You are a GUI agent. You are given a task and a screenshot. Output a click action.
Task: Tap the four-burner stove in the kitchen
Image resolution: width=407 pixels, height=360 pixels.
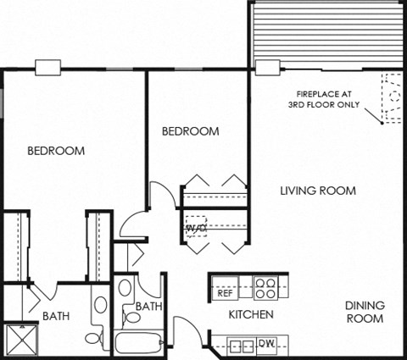click(x=265, y=289)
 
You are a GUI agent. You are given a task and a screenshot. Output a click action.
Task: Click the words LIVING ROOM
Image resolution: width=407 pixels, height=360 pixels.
click(x=318, y=191)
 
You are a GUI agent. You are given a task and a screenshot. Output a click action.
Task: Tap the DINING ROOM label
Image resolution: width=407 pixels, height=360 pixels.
click(x=365, y=312)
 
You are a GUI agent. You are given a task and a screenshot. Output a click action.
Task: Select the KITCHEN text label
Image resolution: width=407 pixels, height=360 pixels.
click(x=251, y=315)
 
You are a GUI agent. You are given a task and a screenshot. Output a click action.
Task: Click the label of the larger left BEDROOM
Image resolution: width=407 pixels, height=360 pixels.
click(x=56, y=151)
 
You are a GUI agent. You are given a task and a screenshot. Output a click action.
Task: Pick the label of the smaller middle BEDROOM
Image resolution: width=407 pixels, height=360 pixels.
click(x=191, y=131)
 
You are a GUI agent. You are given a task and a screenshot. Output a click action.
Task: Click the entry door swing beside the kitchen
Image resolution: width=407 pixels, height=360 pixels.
click(x=187, y=330)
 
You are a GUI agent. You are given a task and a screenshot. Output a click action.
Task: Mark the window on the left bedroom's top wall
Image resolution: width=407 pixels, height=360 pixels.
click(x=47, y=67)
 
